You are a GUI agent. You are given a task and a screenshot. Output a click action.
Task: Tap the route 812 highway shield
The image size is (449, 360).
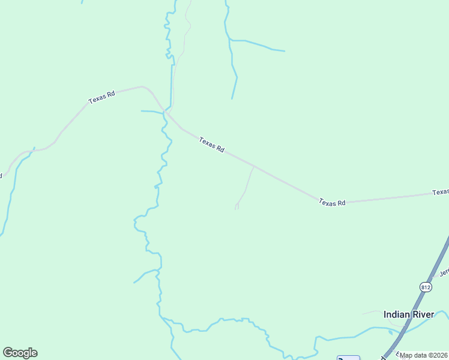click(x=426, y=287)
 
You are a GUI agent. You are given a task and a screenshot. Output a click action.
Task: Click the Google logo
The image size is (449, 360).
click(x=20, y=353)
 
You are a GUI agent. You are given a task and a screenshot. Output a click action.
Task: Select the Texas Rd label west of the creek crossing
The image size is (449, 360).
click(x=101, y=97)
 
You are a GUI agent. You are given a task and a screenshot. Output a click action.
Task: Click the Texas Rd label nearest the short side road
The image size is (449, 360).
click(x=212, y=145)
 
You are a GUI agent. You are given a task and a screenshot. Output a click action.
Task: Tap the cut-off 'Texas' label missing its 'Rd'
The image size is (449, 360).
click(x=441, y=192)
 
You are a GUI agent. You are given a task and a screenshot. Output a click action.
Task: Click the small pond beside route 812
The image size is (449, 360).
click(x=391, y=331)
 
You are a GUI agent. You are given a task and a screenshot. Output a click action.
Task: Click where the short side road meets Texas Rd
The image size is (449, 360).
click(x=253, y=167)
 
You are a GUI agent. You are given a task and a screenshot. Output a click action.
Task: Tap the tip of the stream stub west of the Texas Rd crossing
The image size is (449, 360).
click(x=142, y=111)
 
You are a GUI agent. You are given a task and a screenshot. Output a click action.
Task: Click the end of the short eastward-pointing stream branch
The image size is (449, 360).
click(x=284, y=51)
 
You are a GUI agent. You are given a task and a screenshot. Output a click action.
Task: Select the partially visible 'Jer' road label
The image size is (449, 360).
click(x=444, y=272)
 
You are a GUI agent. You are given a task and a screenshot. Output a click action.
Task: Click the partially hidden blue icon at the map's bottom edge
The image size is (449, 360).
click(x=348, y=358)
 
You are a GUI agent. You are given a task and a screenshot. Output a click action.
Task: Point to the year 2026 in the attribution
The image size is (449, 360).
click(x=440, y=355)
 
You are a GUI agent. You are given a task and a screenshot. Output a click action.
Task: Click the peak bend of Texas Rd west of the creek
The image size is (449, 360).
click(x=142, y=86)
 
